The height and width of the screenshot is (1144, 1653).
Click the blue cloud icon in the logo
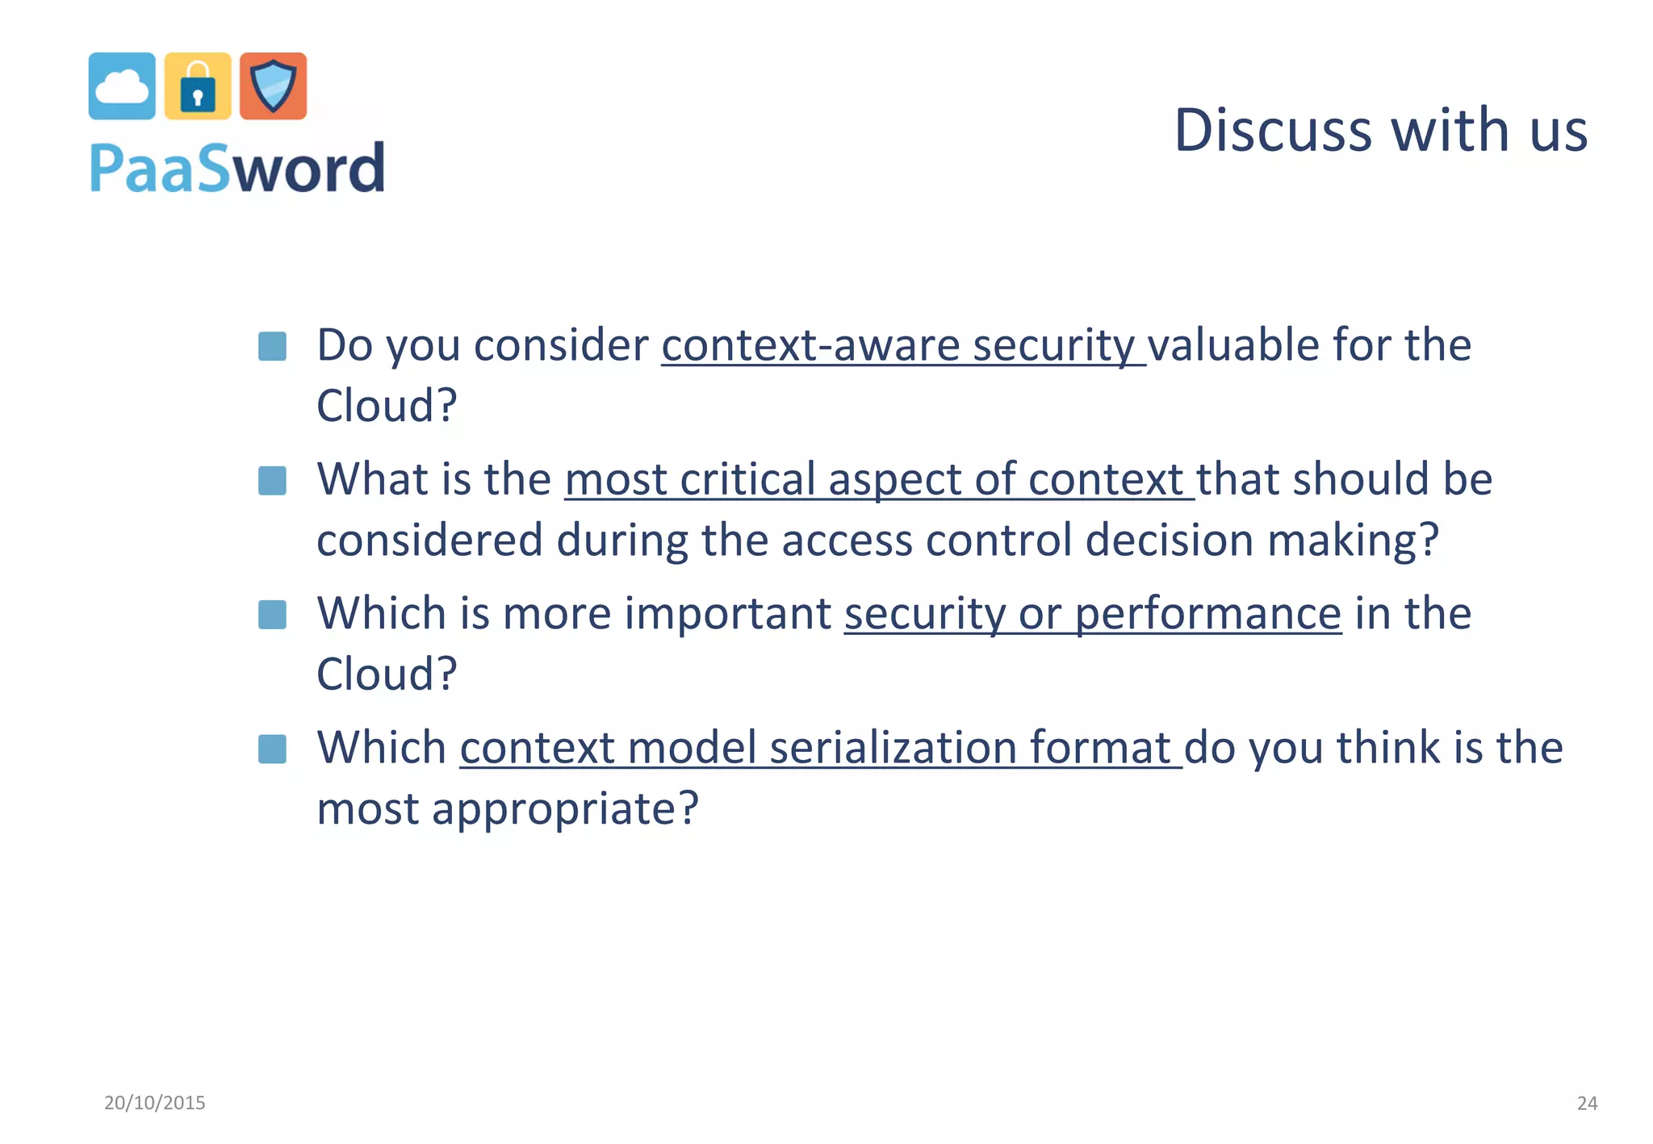coord(122,86)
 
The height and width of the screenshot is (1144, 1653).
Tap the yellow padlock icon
coord(198,86)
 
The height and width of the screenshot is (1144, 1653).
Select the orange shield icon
coord(274,86)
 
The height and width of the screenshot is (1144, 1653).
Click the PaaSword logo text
coord(236,168)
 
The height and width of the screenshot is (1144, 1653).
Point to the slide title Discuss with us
coord(1380,130)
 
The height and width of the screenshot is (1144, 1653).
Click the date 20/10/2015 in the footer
coord(155,1103)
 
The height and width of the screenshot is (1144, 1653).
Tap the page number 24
coord(1587,1103)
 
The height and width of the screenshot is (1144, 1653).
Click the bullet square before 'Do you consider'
coord(272,347)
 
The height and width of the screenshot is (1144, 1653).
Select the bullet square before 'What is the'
coord(272,481)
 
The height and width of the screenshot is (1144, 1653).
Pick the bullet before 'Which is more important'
coord(272,615)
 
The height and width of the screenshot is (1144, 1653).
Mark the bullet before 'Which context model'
coord(272,749)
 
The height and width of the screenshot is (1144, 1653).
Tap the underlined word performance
coord(1207,614)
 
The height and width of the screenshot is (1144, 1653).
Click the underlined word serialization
coord(893,747)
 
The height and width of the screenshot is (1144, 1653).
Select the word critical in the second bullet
coord(747,479)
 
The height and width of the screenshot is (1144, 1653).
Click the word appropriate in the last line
coord(554,809)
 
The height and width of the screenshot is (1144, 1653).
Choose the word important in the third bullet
coord(727,614)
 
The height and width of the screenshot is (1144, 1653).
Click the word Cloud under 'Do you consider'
coord(376,406)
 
